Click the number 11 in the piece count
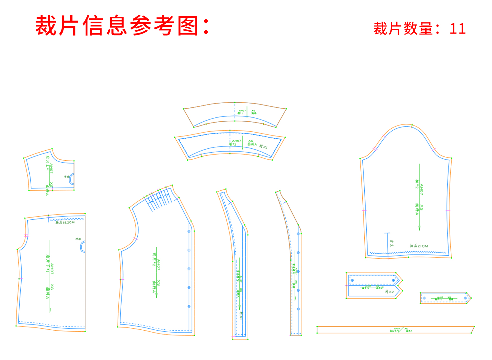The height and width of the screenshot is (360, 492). [x=458, y=29]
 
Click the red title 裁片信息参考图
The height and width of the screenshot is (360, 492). [x=123, y=26]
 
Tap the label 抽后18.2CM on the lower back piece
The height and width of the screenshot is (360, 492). [x=65, y=223]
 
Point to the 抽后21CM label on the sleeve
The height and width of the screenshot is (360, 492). [x=419, y=246]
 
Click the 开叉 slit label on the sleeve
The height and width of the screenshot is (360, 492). [x=392, y=243]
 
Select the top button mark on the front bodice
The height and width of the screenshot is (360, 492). [x=189, y=231]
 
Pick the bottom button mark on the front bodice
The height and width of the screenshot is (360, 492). [x=189, y=306]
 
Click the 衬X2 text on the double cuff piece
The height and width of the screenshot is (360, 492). [x=389, y=292]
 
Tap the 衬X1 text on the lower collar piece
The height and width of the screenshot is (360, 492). [x=263, y=147]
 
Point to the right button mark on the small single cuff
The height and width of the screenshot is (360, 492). [x=465, y=298]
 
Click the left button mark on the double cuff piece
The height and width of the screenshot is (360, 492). [x=352, y=280]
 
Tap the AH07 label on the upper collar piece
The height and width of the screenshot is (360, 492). [x=242, y=111]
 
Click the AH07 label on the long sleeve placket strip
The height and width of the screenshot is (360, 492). [x=397, y=329]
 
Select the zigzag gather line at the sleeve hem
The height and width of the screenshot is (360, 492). [x=408, y=253]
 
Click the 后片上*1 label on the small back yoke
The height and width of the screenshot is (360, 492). [x=47, y=164]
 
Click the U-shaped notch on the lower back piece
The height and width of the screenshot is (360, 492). [x=83, y=247]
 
